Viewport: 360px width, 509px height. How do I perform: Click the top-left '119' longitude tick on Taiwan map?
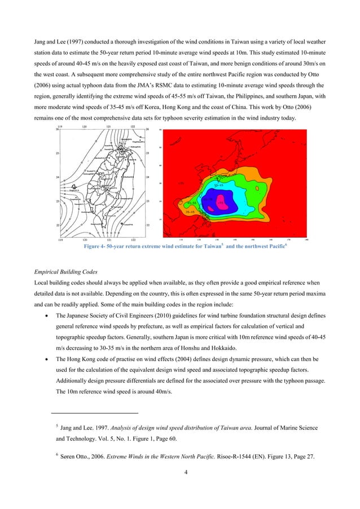coord(60,126)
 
